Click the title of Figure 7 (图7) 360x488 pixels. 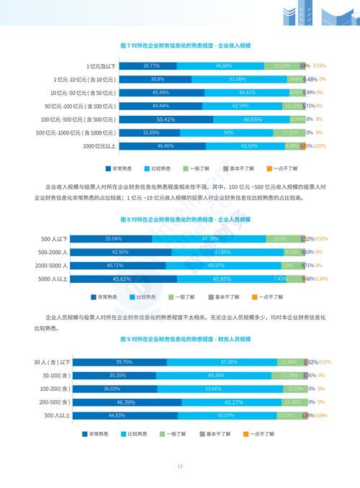click(x=179, y=45)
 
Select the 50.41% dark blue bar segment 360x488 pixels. click(x=166, y=119)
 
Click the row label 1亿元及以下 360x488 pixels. click(x=101, y=65)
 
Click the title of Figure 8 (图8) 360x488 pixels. click(x=179, y=217)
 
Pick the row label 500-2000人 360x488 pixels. click(x=54, y=252)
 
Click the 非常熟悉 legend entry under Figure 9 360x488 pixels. click(x=98, y=434)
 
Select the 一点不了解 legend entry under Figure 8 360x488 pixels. click(x=267, y=296)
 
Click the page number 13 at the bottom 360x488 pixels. click(x=180, y=466)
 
